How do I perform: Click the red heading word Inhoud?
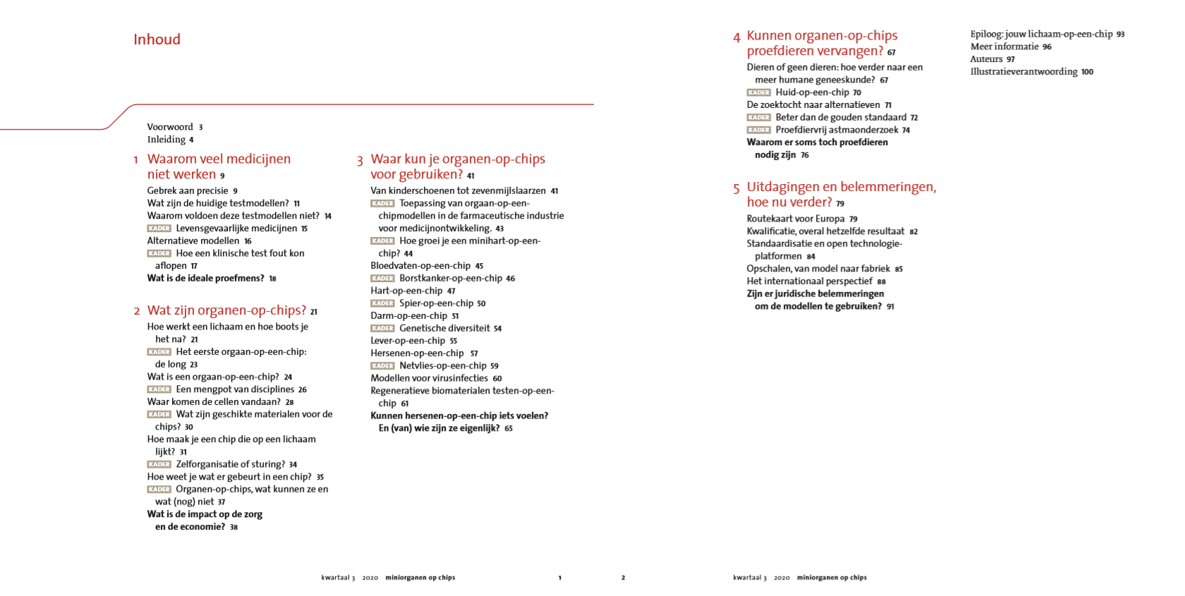tap(157, 39)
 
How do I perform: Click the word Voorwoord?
tap(170, 127)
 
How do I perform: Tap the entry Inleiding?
tap(166, 140)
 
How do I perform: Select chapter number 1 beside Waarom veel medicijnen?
tap(135, 160)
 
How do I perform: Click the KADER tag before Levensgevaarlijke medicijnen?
tap(159, 229)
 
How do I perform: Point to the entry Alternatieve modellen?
tap(193, 241)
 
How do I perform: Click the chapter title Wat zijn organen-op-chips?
tap(226, 310)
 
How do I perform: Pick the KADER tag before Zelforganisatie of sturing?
tap(159, 464)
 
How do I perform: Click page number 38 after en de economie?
tap(233, 527)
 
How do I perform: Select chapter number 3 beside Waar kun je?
tap(360, 161)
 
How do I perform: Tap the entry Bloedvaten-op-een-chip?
tap(420, 266)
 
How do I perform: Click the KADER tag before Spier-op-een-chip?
tap(382, 303)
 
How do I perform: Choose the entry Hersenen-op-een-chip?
tap(417, 353)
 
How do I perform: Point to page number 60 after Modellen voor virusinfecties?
tap(497, 379)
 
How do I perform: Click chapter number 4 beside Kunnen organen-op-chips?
tap(736, 37)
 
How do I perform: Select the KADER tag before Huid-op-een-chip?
tap(758, 92)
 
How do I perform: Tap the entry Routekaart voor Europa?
tap(796, 219)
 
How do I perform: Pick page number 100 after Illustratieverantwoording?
tap(1087, 72)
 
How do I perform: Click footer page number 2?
tap(623, 578)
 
